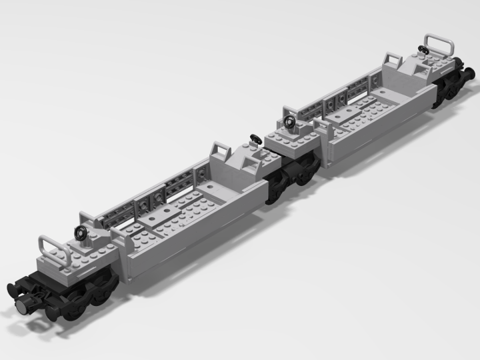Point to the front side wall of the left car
(193, 247)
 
